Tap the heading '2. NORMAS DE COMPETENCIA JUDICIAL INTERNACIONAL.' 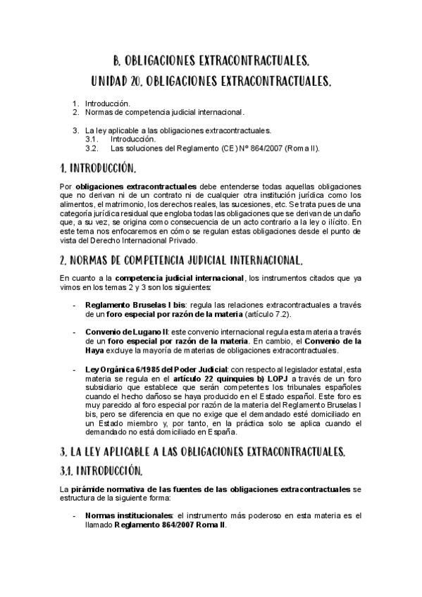tap(182, 259)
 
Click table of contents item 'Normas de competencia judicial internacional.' tap(165, 112)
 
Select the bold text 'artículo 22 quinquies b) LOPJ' tap(232, 378)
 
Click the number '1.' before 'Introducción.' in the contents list tap(76, 103)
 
